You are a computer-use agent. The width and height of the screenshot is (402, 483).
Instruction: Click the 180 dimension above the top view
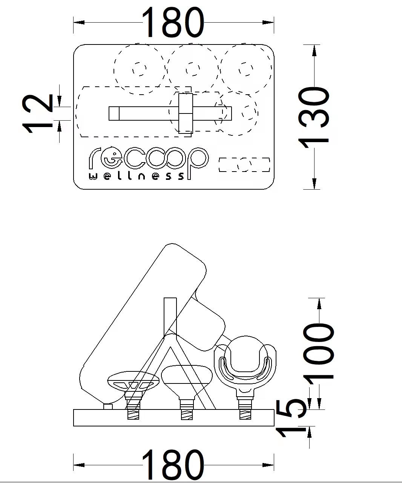pos(173,22)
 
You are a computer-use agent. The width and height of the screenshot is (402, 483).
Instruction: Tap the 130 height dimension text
pos(314,118)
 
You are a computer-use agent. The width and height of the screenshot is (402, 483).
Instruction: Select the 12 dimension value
pos(37,114)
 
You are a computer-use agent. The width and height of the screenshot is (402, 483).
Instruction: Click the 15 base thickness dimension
pos(292,418)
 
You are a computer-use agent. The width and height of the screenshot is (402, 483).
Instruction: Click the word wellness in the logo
pos(137,176)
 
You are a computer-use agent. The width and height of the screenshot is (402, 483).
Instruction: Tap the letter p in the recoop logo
pos(198,163)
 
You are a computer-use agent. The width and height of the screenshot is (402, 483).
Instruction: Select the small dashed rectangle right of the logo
pos(244,165)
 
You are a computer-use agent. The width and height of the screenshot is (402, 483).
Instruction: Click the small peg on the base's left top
pos(108,406)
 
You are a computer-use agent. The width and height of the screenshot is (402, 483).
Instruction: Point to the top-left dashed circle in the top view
pos(140,69)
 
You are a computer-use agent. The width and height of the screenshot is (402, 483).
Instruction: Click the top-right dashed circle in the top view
pos(246,69)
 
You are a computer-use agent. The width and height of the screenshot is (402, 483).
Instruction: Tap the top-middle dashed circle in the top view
pos(193,69)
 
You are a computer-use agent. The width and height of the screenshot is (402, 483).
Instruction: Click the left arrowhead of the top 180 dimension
pos(79,23)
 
